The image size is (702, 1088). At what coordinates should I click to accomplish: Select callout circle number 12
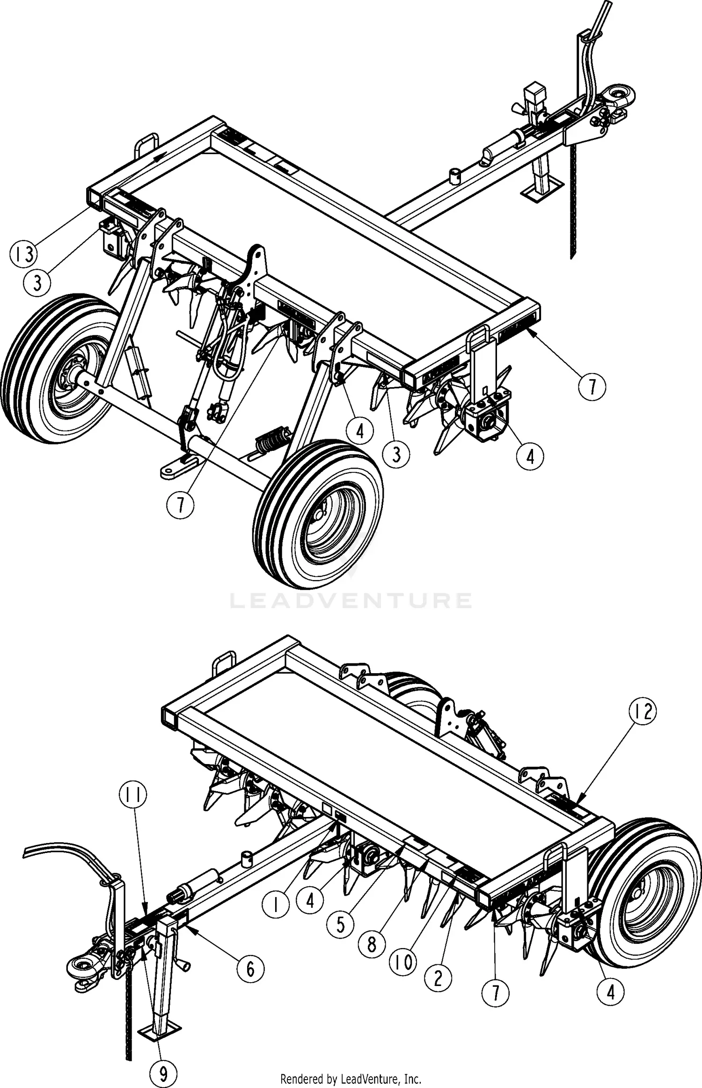(643, 712)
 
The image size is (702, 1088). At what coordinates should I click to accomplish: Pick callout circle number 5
(340, 925)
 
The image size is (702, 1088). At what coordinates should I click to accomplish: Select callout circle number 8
(372, 944)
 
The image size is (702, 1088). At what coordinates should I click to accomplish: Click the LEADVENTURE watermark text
(351, 600)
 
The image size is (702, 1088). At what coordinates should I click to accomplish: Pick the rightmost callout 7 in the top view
(592, 387)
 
